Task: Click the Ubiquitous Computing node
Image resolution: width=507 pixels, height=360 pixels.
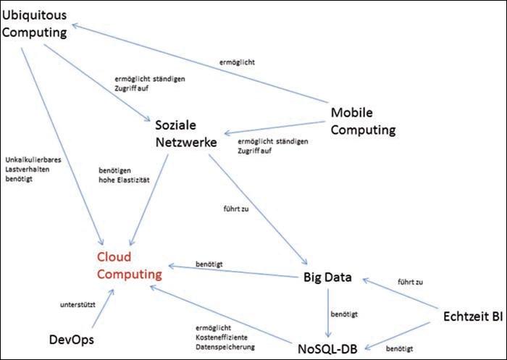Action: click(34, 23)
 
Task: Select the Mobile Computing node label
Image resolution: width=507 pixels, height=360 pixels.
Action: click(363, 122)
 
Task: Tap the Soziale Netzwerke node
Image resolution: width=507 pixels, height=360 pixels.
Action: click(186, 134)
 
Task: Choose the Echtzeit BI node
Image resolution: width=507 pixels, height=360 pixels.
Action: click(472, 316)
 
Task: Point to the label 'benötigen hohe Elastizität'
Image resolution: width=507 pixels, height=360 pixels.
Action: click(124, 175)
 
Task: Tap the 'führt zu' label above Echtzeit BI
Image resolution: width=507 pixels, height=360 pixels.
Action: click(411, 280)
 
